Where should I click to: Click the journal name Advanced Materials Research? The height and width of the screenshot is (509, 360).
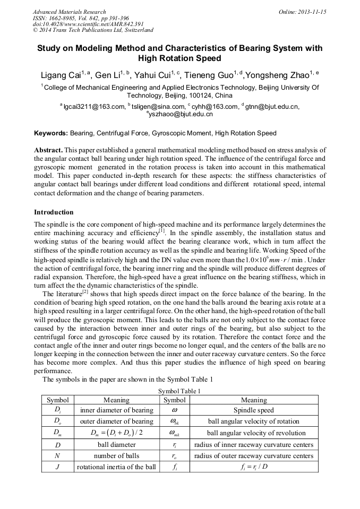coord(70,12)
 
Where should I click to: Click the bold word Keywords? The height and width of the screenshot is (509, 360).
coord(51,133)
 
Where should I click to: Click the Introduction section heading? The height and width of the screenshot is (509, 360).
coord(54,212)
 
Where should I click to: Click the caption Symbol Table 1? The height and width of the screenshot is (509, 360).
coord(179,391)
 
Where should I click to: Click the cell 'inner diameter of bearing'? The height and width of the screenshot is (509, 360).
coord(116,410)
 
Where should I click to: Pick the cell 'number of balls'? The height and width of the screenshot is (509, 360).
coord(116,456)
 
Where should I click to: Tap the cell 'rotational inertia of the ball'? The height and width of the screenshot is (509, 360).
coord(116,467)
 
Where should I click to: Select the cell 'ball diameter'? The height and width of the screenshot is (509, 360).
coord(116,445)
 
